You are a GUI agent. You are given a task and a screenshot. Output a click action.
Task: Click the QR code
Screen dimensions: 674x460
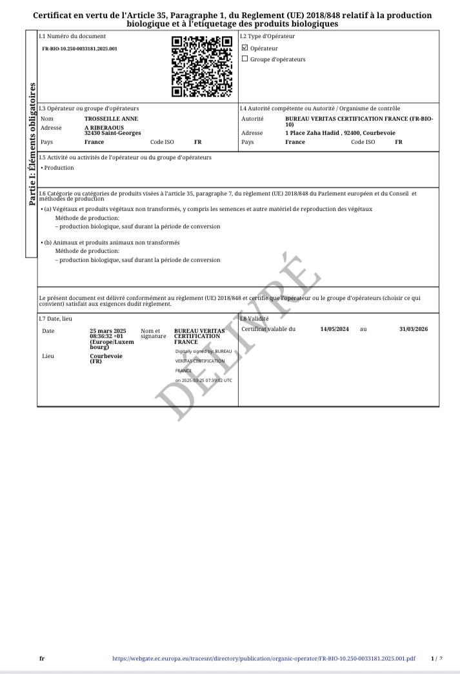201,66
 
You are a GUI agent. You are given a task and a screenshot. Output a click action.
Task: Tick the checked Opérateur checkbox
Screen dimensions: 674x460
245,48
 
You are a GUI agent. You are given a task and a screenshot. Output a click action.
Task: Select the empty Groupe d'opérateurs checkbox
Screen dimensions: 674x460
245,59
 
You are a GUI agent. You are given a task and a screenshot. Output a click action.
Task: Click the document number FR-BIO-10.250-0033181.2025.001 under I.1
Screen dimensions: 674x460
80,48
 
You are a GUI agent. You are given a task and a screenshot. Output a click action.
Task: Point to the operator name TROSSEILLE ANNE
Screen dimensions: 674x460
111,119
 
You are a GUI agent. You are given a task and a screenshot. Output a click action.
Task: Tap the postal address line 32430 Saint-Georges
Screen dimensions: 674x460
113,133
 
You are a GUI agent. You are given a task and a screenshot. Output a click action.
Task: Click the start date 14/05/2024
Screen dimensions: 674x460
334,329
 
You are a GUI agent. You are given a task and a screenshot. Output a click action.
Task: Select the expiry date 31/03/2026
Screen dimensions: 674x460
413,329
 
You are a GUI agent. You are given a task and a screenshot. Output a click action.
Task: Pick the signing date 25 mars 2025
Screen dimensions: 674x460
108,331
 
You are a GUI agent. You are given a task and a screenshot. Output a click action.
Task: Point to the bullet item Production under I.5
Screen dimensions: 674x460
58,168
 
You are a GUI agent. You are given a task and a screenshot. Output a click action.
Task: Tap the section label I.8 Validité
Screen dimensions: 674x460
254,319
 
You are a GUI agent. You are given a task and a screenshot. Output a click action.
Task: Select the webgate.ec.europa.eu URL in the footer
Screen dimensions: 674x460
263,659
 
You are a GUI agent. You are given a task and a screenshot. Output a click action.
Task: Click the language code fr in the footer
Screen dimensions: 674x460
42,659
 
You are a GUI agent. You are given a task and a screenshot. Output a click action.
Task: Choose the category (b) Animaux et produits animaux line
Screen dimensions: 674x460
111,243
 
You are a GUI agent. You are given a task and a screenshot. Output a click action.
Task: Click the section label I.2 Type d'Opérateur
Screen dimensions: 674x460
267,36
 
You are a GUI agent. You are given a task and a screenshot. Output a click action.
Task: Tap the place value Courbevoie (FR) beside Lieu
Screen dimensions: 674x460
106,358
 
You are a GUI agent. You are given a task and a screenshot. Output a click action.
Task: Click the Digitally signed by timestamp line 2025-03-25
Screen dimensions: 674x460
203,381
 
